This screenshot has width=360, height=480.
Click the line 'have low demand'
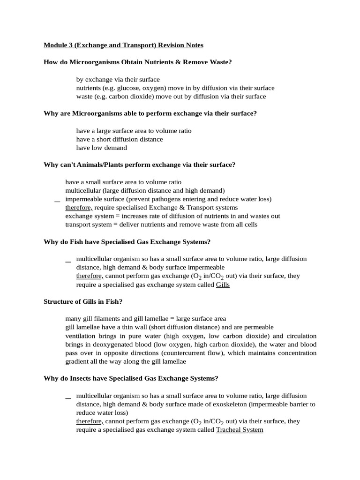pos(101,148)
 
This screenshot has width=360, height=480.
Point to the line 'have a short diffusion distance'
pos(120,139)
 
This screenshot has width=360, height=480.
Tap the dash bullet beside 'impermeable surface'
pos(57,201)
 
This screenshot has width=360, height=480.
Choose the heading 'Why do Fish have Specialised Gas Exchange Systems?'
pos(127,241)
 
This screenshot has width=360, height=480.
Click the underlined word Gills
pos(223,285)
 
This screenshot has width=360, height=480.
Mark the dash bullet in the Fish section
pos(68,261)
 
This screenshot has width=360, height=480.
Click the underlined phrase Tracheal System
pos(240,429)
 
